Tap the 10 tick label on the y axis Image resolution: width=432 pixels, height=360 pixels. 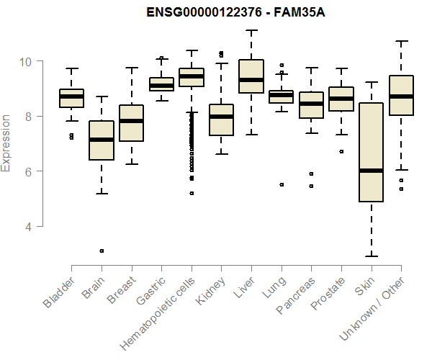click(26, 61)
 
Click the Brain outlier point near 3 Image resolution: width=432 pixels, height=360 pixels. click(102, 251)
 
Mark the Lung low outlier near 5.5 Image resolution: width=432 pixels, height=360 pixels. click(282, 184)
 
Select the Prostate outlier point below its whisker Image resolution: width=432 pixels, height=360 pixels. click(341, 151)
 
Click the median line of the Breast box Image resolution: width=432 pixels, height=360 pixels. click(131, 121)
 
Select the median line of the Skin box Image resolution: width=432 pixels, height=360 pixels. click(371, 171)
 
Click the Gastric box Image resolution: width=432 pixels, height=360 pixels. click(161, 84)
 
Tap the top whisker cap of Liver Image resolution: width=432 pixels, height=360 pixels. click(251, 30)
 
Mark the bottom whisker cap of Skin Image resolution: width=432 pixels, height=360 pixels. click(371, 256)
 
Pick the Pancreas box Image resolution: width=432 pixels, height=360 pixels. click(311, 105)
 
